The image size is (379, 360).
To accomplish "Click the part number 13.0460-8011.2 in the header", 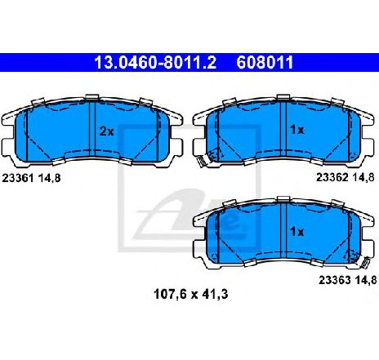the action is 155,62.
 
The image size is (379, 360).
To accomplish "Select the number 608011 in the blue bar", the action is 265,62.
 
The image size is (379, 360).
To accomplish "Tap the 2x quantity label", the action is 106,131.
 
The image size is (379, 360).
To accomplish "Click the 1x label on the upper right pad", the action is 297,130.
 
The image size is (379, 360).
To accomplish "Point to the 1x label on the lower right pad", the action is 297,232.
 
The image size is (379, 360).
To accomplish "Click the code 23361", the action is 18,178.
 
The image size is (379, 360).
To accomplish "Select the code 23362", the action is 332,177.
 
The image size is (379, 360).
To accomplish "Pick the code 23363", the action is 335,280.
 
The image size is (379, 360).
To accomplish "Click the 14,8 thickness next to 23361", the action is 49,178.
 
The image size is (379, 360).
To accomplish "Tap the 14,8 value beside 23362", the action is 363,177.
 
